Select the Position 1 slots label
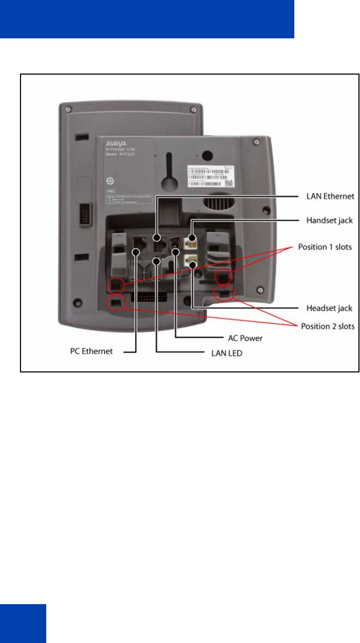325,246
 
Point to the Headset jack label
329,308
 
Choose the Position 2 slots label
327,326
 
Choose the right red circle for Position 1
224,276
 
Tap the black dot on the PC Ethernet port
136,252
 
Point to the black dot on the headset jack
193,265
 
